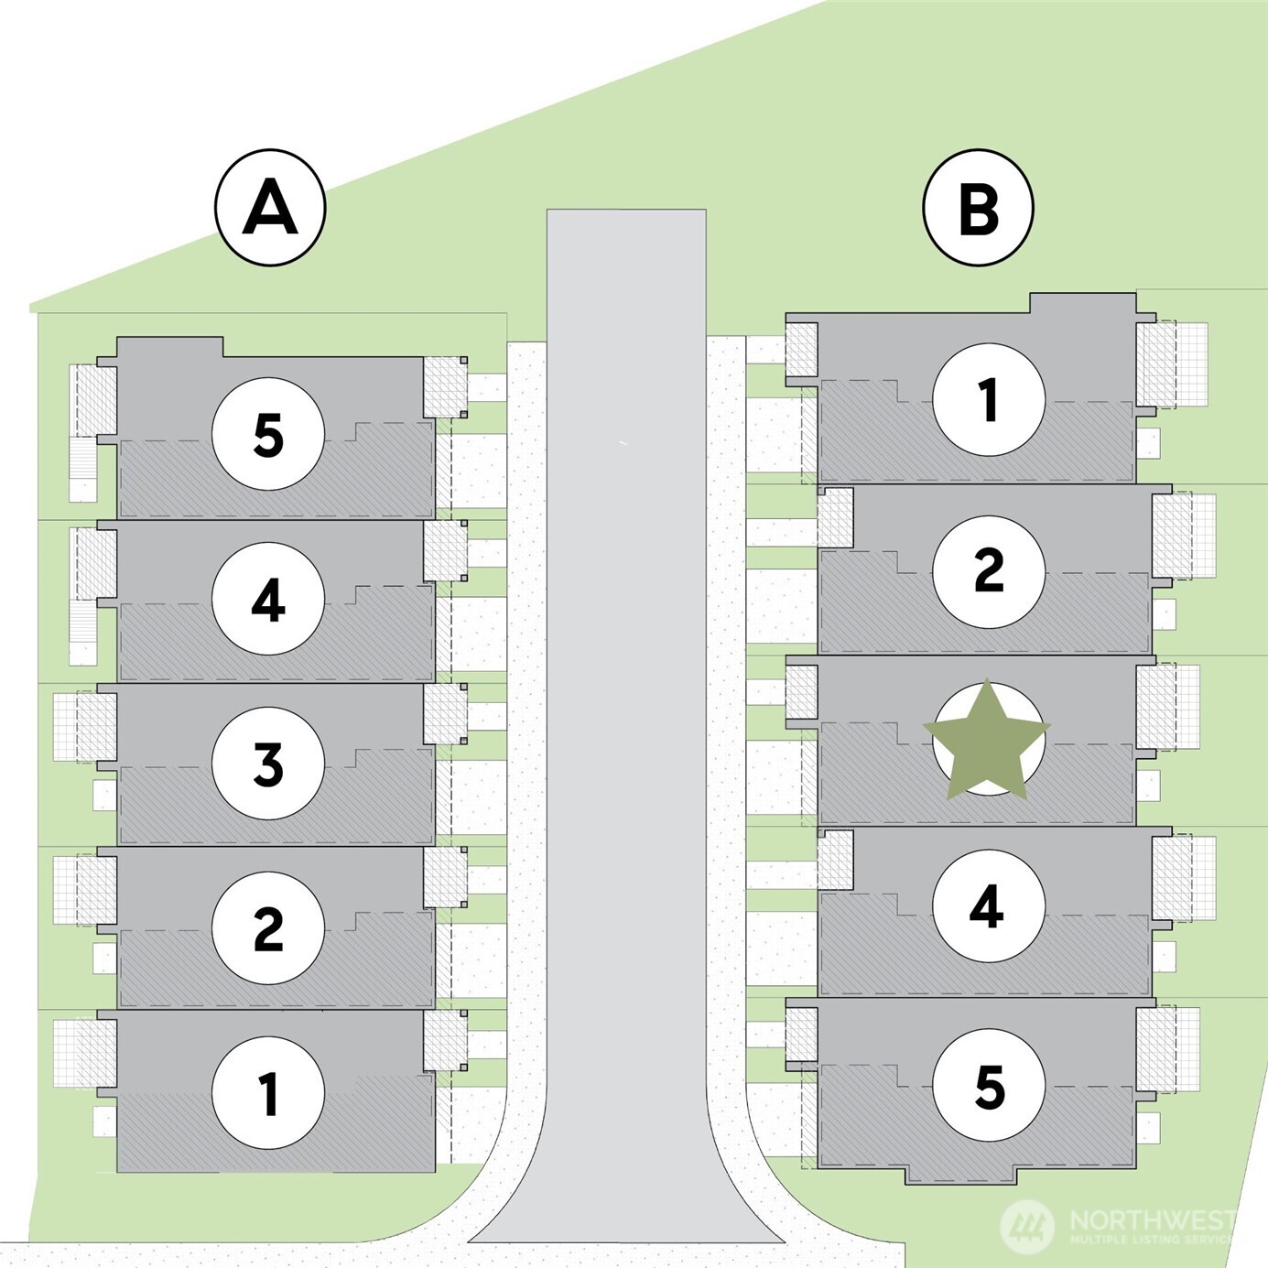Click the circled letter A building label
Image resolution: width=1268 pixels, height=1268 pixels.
tap(270, 208)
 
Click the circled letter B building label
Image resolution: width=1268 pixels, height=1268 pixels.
tap(978, 208)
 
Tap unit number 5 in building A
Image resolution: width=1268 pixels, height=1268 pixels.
tap(268, 435)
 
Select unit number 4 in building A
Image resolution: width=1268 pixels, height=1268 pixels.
tap(268, 600)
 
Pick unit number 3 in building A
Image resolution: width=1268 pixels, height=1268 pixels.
tap(268, 764)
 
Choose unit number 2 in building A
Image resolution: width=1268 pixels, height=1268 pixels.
tap(268, 927)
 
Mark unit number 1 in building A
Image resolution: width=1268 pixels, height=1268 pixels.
tap(268, 1092)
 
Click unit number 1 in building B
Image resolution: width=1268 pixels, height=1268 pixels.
tap(989, 399)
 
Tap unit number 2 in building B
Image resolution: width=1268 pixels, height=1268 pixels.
tap(989, 570)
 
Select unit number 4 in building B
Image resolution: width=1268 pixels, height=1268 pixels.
tap(989, 906)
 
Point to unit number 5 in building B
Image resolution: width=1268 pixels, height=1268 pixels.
tap(989, 1086)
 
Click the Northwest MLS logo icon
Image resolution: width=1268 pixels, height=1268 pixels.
tap(1027, 1225)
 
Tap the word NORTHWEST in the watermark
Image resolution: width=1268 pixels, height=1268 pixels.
tap(1152, 1219)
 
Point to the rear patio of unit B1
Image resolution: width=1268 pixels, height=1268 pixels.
tap(1173, 364)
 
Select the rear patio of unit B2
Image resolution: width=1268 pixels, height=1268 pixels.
tap(1185, 536)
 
